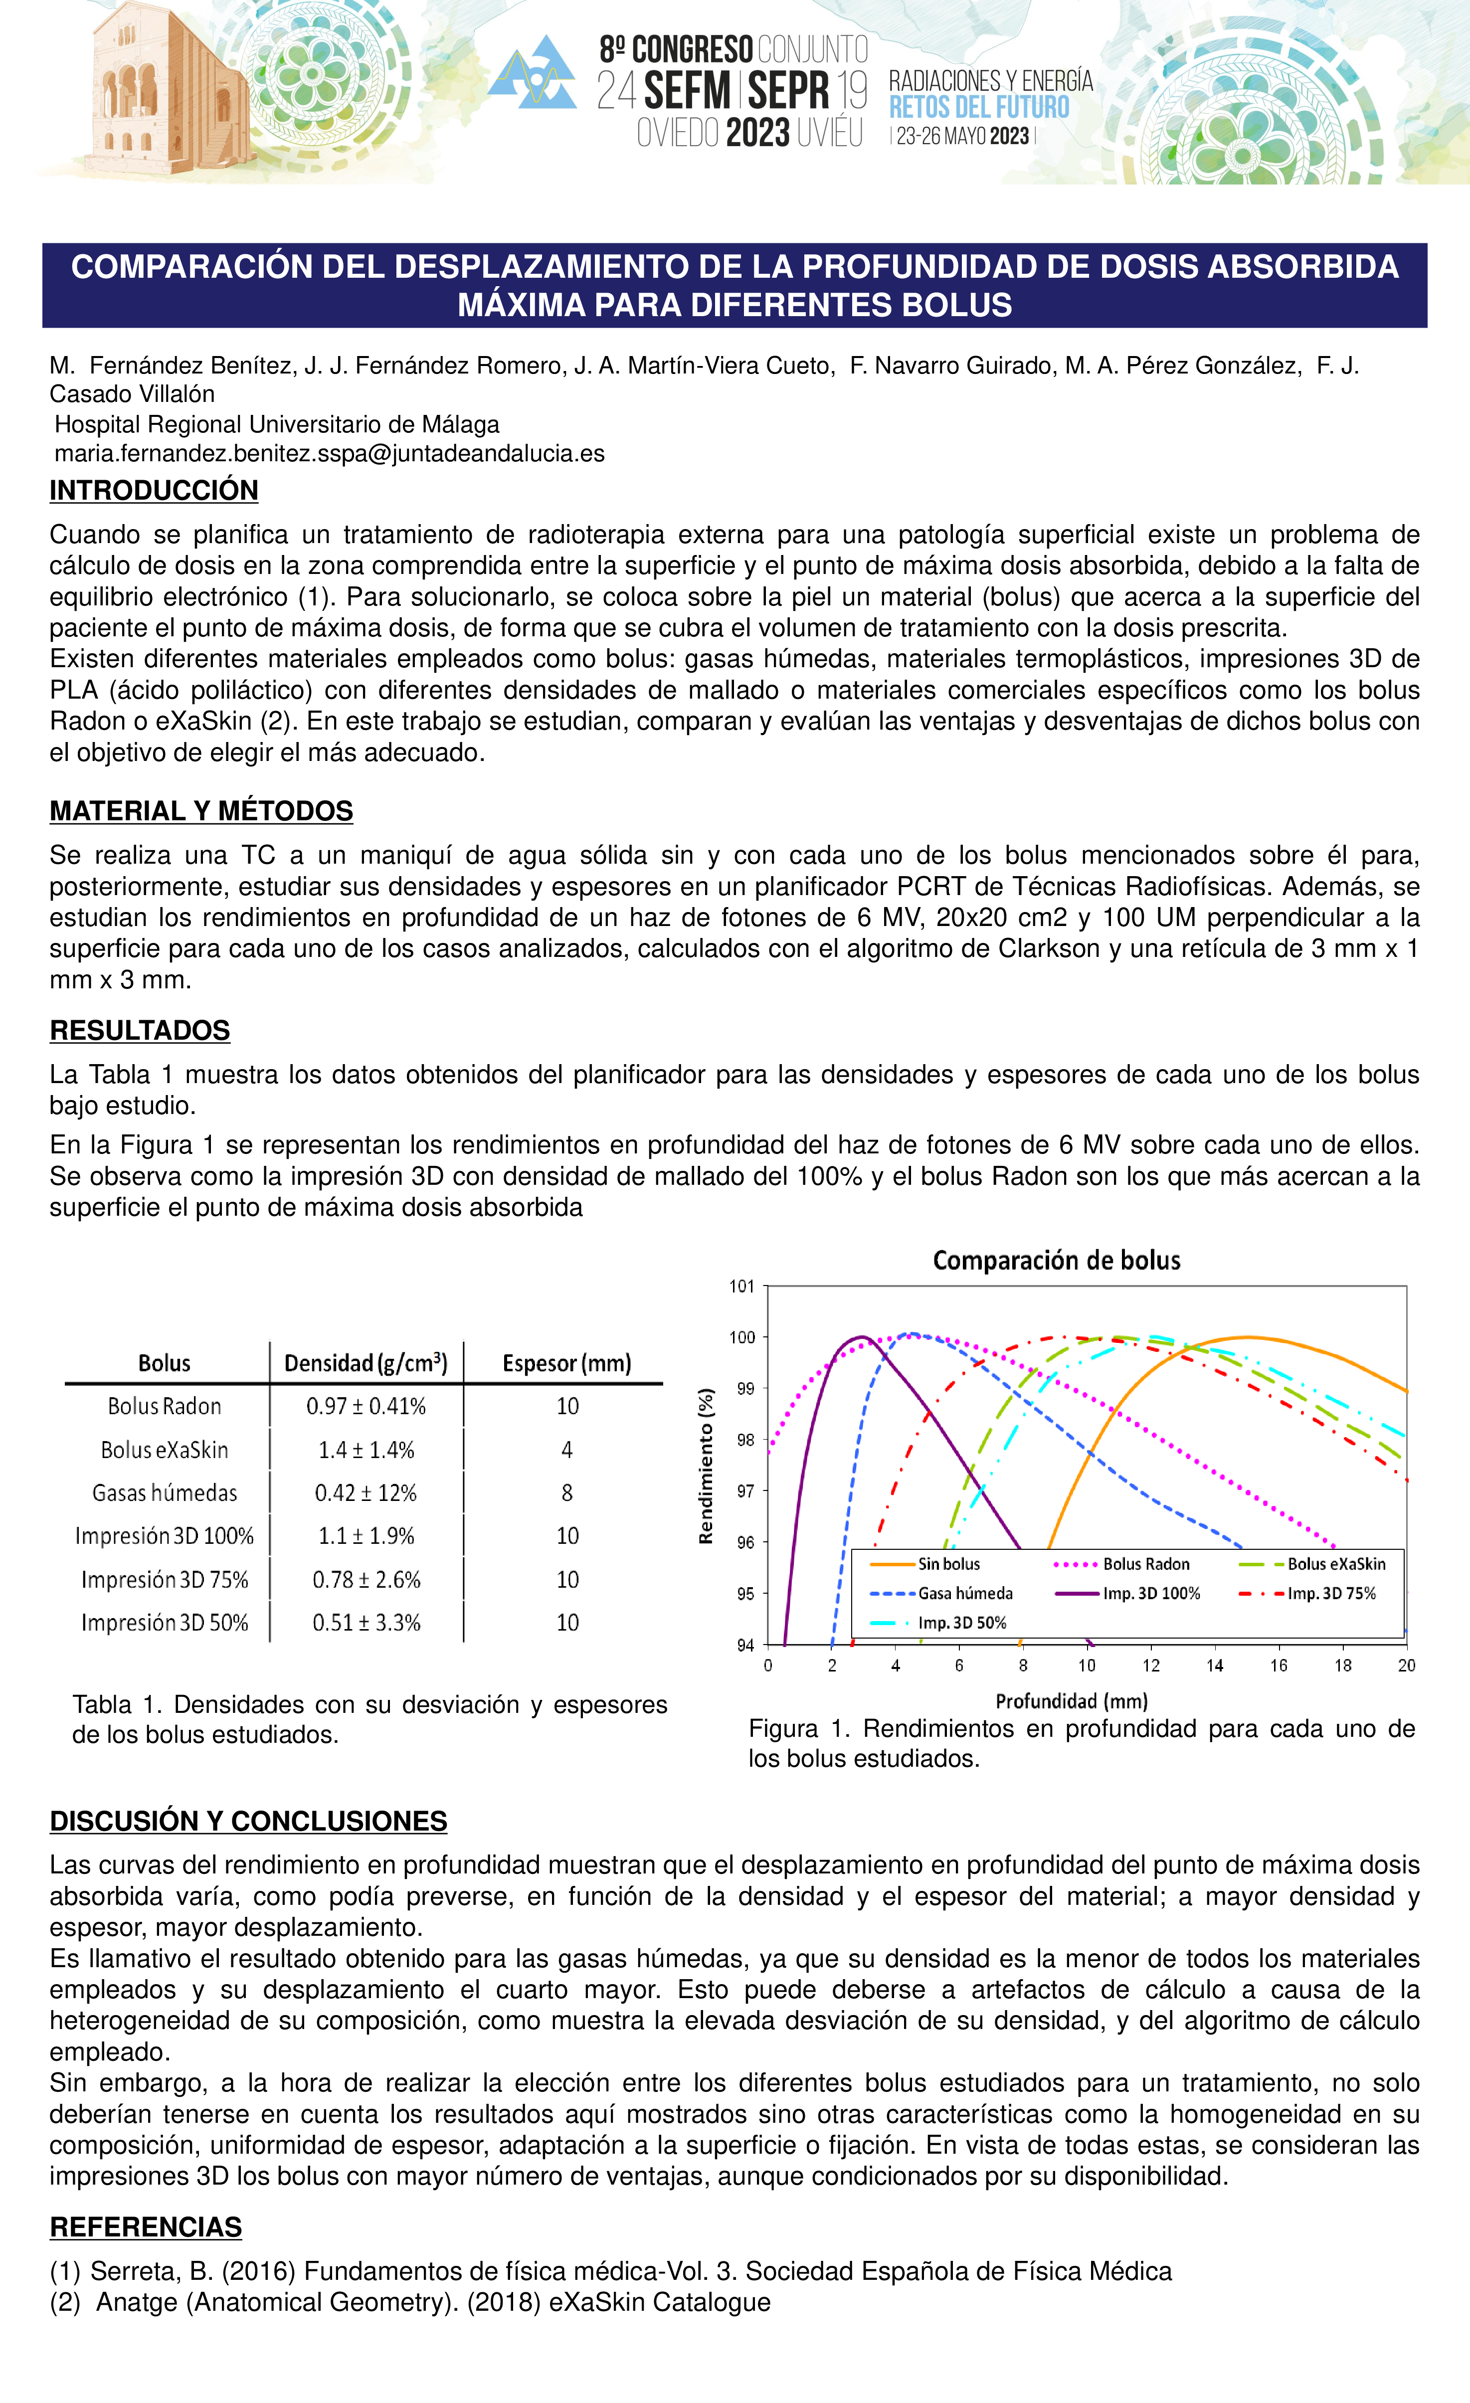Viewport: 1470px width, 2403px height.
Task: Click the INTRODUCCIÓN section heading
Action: click(x=154, y=491)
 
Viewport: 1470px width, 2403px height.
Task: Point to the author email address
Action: click(x=329, y=453)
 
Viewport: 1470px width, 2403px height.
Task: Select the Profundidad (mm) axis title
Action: click(x=1071, y=1701)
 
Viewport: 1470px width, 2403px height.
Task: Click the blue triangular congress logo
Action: click(x=533, y=73)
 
